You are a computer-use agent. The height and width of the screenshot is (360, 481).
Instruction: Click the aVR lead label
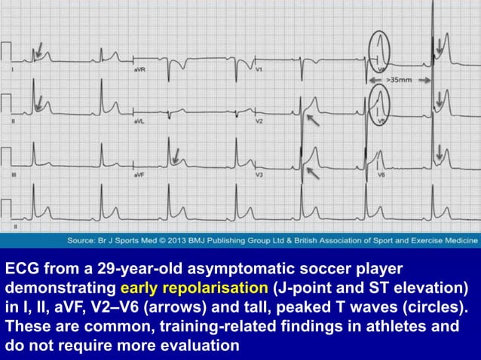coord(138,69)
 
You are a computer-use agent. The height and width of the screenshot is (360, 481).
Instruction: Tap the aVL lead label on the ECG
coord(138,121)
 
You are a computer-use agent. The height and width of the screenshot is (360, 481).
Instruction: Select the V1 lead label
coord(259,69)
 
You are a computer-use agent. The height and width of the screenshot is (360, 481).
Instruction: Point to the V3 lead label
coord(259,175)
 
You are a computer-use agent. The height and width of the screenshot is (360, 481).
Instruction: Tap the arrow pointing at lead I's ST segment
coord(37,52)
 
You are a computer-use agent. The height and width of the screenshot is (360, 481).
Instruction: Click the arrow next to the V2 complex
coord(312,118)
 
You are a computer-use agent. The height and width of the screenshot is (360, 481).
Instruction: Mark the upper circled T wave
coord(380,50)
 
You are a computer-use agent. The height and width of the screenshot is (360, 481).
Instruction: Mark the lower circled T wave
coord(380,104)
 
